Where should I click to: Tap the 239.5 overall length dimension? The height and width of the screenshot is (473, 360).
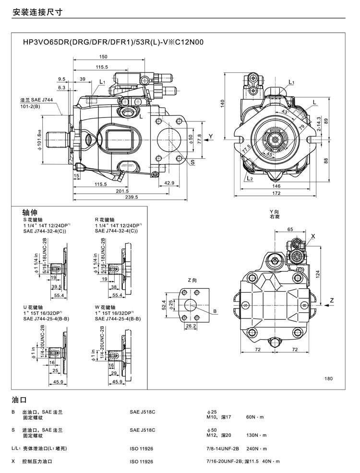tap(131, 197)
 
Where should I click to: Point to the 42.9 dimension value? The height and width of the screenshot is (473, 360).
tap(169, 183)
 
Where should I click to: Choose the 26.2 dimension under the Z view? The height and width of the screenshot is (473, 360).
tap(191, 326)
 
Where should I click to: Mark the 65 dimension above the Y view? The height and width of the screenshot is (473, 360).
tap(289, 230)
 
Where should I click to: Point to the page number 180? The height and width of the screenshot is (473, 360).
tap(328, 379)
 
